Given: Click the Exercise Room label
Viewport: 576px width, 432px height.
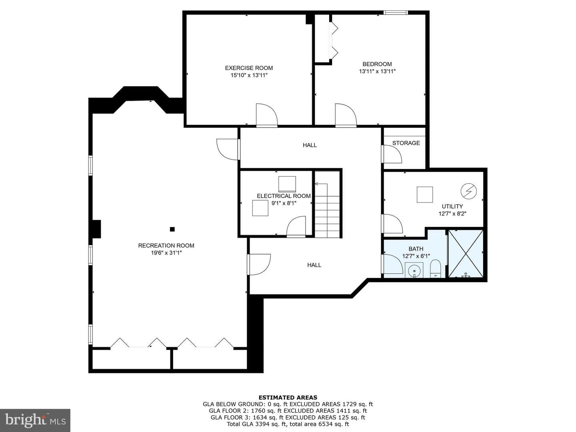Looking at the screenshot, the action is pyautogui.click(x=249, y=68).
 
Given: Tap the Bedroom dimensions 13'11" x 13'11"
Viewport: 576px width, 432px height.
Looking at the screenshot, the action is pyautogui.click(x=377, y=71).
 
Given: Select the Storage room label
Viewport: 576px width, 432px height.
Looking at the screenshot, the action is pyautogui.click(x=406, y=143).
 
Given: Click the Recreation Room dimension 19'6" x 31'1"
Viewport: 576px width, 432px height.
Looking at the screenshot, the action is pyautogui.click(x=166, y=253).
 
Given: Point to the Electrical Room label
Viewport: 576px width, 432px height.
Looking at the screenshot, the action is pyautogui.click(x=284, y=196).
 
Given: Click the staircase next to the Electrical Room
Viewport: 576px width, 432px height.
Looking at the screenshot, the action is pyautogui.click(x=327, y=205).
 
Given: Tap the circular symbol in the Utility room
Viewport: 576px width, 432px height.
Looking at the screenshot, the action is pyautogui.click(x=469, y=191).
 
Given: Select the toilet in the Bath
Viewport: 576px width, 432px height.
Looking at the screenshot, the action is pyautogui.click(x=435, y=269).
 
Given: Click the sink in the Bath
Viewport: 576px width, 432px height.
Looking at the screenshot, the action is pyautogui.click(x=414, y=270).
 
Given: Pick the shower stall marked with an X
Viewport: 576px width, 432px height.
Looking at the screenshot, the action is pyautogui.click(x=466, y=253).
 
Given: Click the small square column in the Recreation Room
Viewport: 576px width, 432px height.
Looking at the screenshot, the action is pyautogui.click(x=172, y=229).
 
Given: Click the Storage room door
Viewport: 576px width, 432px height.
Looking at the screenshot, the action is pyautogui.click(x=392, y=154).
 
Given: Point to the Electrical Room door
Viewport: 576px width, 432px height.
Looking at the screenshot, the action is pyautogui.click(x=296, y=227).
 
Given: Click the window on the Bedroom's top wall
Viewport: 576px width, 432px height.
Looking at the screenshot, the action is pyautogui.click(x=396, y=12).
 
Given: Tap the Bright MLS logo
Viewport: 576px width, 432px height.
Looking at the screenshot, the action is pyautogui.click(x=35, y=420).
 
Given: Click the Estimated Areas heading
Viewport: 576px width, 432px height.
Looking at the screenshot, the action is pyautogui.click(x=288, y=397).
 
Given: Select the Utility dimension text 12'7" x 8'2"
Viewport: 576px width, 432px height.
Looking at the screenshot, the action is pyautogui.click(x=452, y=214).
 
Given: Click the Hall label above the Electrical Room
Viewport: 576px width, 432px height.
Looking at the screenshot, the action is pyautogui.click(x=310, y=145).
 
